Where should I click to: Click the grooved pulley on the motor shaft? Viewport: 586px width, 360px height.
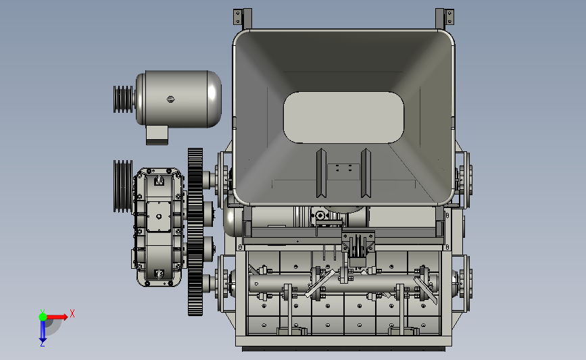pos(123,99)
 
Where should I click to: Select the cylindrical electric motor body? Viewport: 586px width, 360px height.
pos(178,99)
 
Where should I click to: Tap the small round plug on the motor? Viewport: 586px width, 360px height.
pos(170,99)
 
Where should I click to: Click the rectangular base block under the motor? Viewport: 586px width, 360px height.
pos(157,135)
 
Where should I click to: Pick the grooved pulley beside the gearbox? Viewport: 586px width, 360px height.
pos(123,186)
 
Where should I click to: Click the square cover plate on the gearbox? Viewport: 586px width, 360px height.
pos(159,217)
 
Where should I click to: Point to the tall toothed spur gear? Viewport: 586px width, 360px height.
pos(195,232)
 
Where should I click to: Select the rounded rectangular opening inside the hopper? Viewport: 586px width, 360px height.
pos(343,118)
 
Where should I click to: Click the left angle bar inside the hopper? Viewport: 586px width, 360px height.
pos(322,173)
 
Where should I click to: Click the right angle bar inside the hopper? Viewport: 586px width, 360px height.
pos(366,173)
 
